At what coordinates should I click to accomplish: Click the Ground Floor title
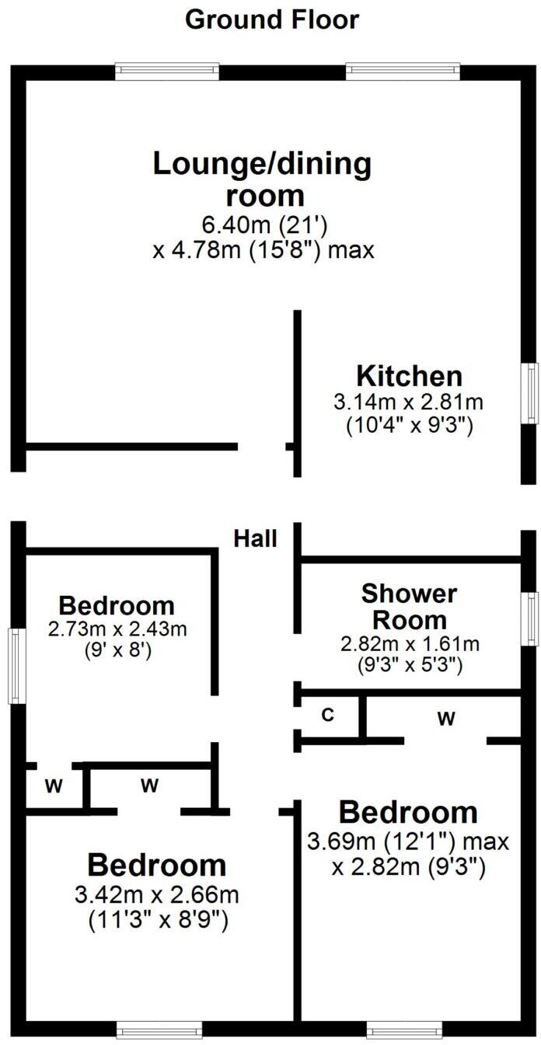271,19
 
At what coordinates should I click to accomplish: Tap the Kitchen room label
409,376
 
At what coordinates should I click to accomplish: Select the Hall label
256,538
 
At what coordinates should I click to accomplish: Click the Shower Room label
409,607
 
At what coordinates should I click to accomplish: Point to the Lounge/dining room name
262,178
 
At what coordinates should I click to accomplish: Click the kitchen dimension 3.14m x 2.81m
409,402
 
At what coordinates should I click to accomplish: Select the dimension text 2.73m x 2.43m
117,629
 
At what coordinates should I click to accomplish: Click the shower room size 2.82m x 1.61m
409,644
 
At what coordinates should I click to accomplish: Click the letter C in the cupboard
327,716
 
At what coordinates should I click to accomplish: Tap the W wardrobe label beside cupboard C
445,719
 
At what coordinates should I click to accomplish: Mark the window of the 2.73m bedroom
17,666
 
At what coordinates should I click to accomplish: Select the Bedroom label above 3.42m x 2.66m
156,865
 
